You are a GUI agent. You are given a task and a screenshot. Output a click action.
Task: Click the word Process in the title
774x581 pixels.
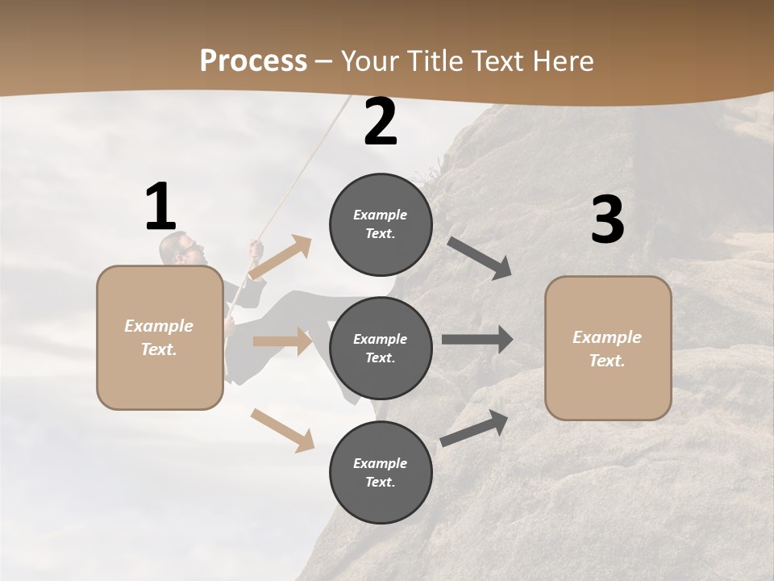coord(253,61)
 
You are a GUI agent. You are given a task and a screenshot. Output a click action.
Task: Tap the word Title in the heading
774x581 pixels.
coord(432,61)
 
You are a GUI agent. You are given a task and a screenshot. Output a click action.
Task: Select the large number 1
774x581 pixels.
coord(160,207)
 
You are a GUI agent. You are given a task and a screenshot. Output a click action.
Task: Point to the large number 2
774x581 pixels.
coord(381,122)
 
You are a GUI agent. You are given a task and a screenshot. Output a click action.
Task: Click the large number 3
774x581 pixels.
coord(607,219)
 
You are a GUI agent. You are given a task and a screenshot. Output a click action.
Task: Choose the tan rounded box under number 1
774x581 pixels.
coord(160,337)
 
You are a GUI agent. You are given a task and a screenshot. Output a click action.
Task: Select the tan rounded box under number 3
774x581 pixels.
coord(608,349)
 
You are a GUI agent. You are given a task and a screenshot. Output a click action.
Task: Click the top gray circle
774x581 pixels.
coord(381,224)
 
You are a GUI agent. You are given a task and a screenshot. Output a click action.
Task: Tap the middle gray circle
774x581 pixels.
coord(381,348)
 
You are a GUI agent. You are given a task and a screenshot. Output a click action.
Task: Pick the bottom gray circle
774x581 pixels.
coord(381,472)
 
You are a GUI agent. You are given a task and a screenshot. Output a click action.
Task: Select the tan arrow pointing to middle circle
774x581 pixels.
coord(282,341)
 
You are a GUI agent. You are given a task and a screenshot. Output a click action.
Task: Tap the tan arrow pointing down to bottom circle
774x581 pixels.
coord(282,429)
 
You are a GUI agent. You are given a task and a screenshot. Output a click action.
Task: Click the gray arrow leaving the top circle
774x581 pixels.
coord(480,258)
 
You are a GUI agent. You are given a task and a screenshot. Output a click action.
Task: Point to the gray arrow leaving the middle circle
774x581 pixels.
coord(477,340)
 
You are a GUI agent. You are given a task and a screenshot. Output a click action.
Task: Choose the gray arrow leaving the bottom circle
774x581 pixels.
coord(475,428)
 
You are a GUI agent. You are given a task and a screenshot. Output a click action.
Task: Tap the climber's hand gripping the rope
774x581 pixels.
coord(256,249)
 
